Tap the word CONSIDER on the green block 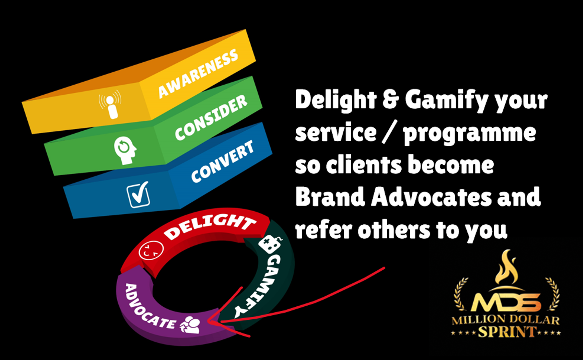coord(211,118)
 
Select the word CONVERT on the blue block coord(222,162)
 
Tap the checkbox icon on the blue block coord(138,195)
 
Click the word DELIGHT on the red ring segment coord(210,226)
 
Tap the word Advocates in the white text coord(431,197)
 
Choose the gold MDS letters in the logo coord(506,302)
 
